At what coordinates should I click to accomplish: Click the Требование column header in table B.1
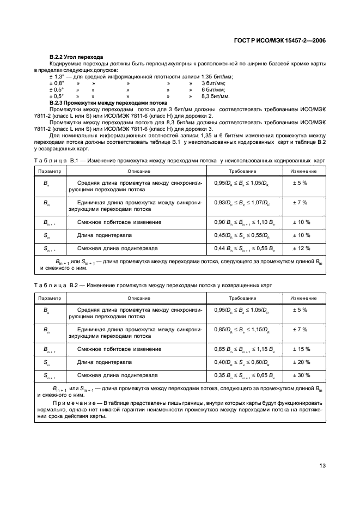pos(242,171)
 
